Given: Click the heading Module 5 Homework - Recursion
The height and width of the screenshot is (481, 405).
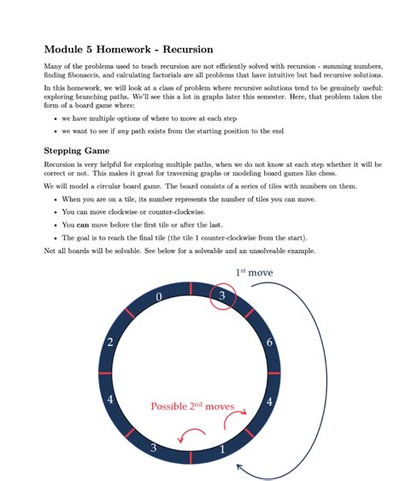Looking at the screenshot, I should click(128, 49).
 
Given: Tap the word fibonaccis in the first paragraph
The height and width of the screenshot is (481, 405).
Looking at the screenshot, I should click(68, 76).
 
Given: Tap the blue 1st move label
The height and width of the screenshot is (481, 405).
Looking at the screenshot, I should click(254, 272).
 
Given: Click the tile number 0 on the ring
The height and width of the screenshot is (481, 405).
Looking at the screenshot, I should click(159, 297).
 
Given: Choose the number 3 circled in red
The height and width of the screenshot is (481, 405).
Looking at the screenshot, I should click(222, 296).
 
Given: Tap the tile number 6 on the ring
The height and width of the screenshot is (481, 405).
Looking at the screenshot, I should click(269, 342).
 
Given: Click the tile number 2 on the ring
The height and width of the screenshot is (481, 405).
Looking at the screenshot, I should click(110, 342).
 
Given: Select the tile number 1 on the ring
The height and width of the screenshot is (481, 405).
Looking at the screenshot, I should click(223, 448).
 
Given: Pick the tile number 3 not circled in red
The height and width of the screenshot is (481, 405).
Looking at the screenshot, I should click(154, 447).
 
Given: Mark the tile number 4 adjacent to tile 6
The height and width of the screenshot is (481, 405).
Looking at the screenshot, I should click(269, 401).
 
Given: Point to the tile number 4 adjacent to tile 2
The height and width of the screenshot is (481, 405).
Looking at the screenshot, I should click(110, 399).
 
